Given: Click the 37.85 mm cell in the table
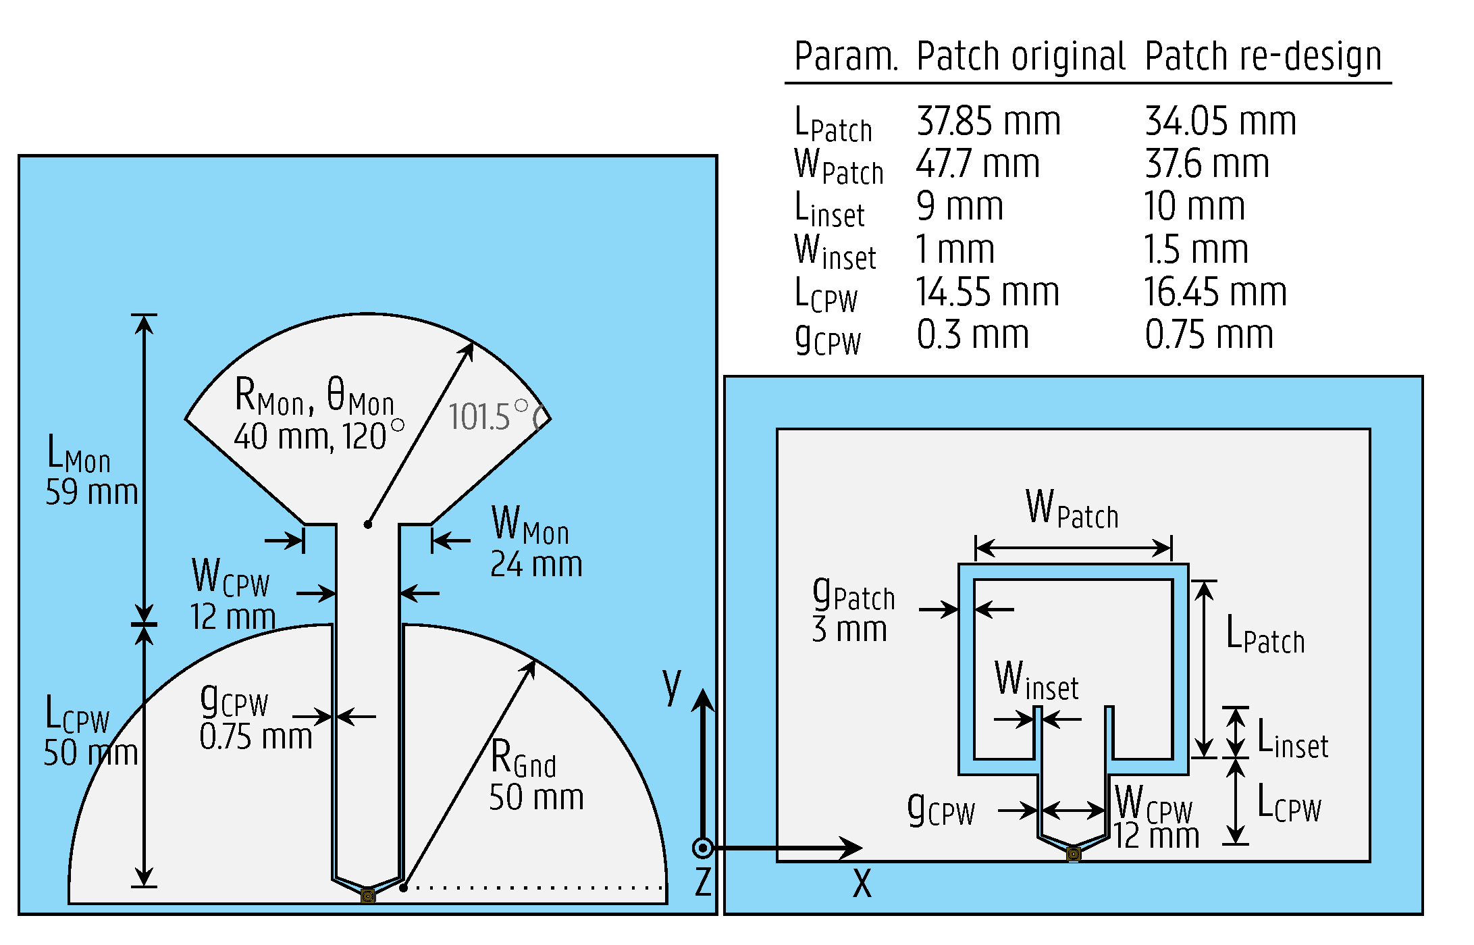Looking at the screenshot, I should pos(988,122).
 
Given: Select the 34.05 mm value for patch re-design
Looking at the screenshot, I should pos(1220,122).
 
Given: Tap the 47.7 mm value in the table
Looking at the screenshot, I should pos(977,164).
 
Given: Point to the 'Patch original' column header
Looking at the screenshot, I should pos(1020,56).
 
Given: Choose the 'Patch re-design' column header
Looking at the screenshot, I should pos(1263,56).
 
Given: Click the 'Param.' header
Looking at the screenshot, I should pos(845,56).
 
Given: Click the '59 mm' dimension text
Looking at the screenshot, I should pos(91,492).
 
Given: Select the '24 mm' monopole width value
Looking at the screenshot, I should pos(536,564).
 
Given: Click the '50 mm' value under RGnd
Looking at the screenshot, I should pos(536,798).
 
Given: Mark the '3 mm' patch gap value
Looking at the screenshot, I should pos(849,630).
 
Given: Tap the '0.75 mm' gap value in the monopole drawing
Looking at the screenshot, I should pos(255,736).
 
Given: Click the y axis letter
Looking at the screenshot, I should pos(671,685).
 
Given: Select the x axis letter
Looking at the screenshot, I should pos(862,884).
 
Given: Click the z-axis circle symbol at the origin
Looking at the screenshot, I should pos(703,848).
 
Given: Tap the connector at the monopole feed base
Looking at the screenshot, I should pos(368,896).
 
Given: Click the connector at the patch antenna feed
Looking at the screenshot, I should pos(1074,854).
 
